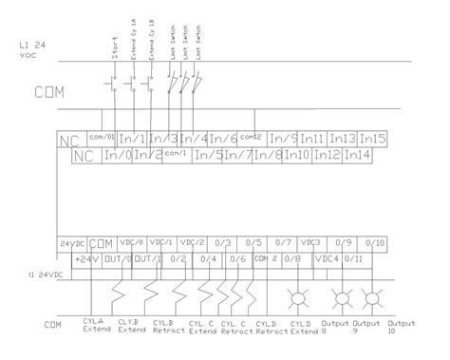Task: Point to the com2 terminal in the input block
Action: (252, 138)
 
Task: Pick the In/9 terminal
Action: (284, 140)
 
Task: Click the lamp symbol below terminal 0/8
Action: (296, 295)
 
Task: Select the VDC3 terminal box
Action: (312, 244)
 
